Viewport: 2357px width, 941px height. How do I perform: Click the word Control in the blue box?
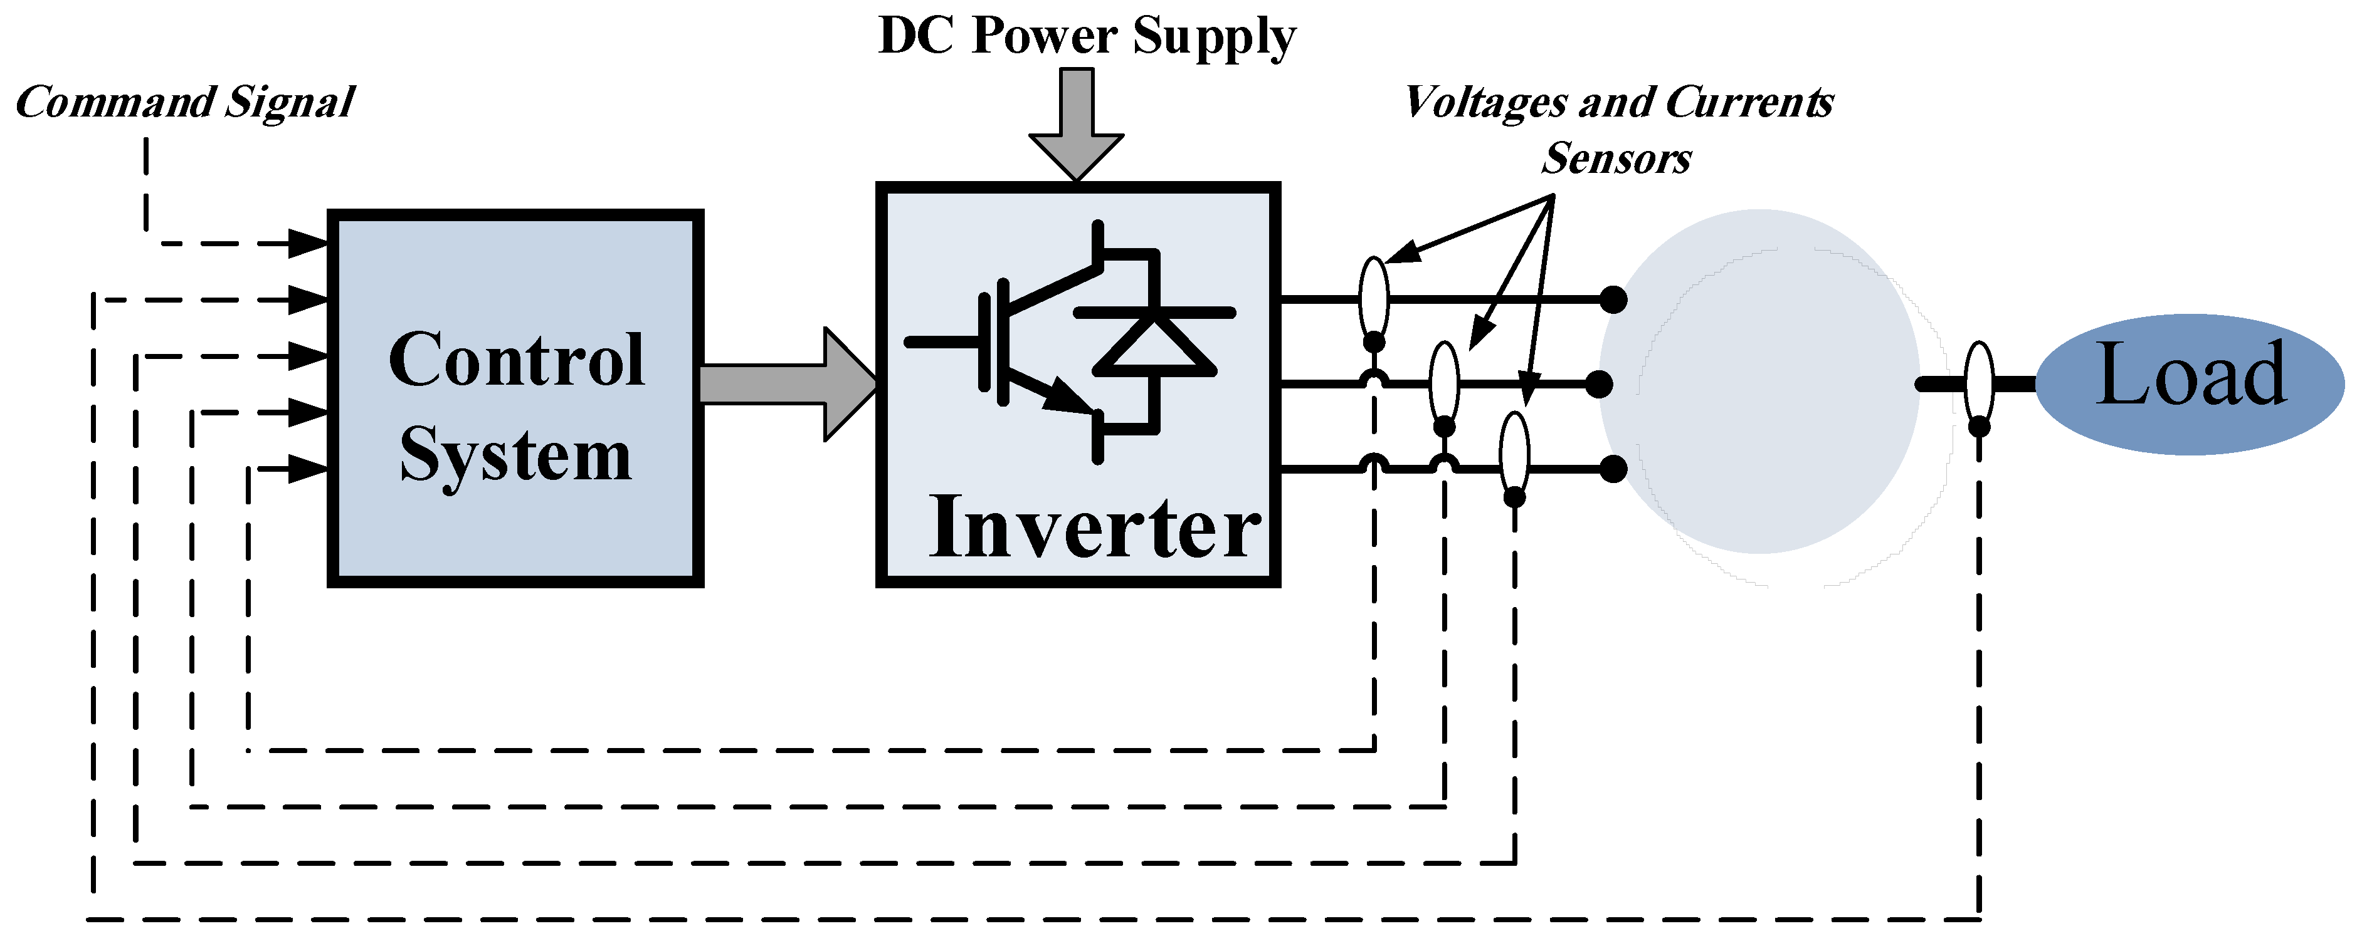click(x=516, y=360)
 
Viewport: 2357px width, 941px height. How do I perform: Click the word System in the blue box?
click(x=516, y=454)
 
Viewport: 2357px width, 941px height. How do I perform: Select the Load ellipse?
click(x=2190, y=384)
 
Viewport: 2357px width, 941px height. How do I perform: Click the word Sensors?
click(x=1616, y=159)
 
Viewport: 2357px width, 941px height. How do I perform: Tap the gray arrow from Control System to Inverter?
click(x=787, y=384)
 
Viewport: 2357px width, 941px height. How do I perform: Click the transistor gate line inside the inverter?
click(x=942, y=342)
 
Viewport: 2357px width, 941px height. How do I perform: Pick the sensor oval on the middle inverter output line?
click(x=1444, y=382)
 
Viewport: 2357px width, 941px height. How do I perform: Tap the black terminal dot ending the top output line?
click(x=1613, y=299)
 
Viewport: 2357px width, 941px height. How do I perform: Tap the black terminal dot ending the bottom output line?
click(x=1613, y=469)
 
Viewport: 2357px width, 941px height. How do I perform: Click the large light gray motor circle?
click(x=1759, y=382)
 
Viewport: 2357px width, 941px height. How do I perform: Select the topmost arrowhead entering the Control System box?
click(x=308, y=243)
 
